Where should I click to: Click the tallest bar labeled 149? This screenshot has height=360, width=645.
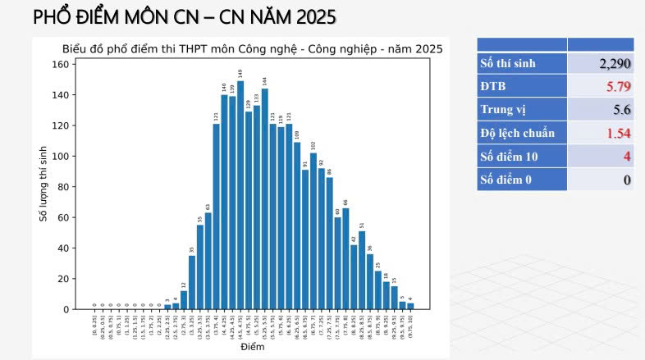pyautogui.click(x=240, y=197)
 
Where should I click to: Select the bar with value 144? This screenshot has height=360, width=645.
pyautogui.click(x=264, y=201)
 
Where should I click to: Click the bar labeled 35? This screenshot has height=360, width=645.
pyautogui.click(x=192, y=283)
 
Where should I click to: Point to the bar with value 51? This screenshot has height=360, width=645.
pyautogui.click(x=362, y=271)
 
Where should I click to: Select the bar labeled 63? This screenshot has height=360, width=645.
pyautogui.click(x=208, y=262)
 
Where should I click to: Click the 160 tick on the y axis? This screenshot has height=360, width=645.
pyautogui.click(x=61, y=64)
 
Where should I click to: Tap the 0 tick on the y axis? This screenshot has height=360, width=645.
pyautogui.click(x=66, y=309)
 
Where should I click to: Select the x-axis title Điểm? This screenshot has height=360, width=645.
pyautogui.click(x=252, y=348)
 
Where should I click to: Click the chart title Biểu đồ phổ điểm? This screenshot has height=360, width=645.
pyautogui.click(x=252, y=49)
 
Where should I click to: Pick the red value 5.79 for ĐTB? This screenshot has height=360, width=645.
pyautogui.click(x=618, y=86)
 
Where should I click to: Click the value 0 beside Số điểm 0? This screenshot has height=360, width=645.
pyautogui.click(x=627, y=180)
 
